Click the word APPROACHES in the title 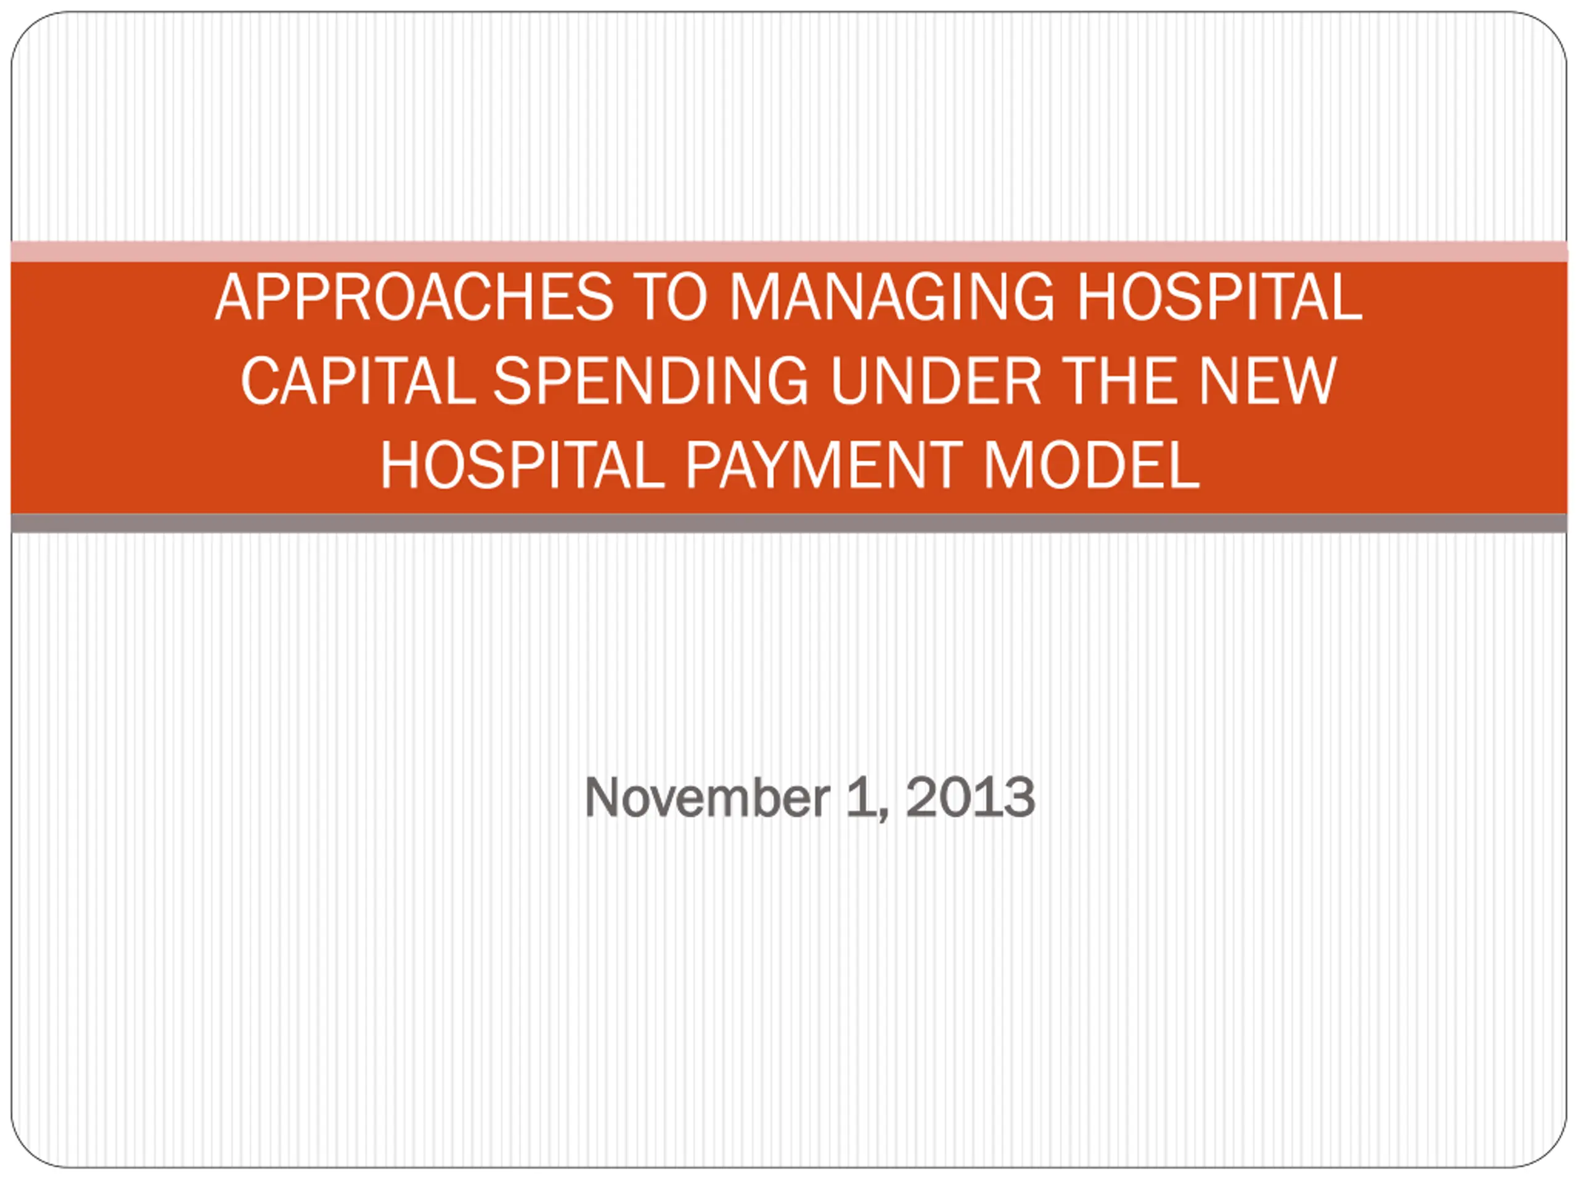[414, 297]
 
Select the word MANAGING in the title [892, 297]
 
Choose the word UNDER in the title [936, 380]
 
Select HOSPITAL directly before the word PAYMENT [523, 464]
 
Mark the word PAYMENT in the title [824, 464]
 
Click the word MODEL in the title [1092, 464]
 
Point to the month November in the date [707, 797]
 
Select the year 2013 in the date [970, 797]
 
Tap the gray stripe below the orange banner [789, 523]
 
